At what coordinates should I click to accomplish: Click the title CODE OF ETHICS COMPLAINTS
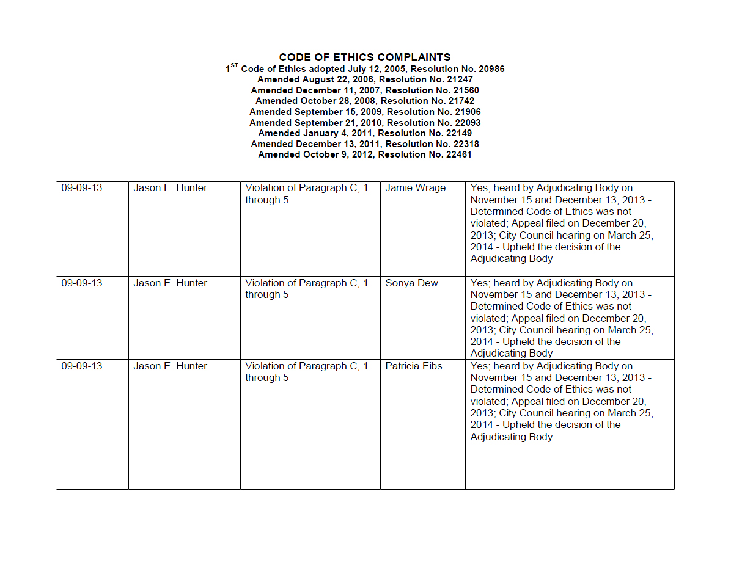point(365,57)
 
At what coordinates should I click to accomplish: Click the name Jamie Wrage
point(415,188)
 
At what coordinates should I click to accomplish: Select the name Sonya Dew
point(411,283)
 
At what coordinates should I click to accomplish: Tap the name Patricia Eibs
point(413,366)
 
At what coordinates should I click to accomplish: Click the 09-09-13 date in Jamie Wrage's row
point(82,188)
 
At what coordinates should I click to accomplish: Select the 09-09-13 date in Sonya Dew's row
point(82,283)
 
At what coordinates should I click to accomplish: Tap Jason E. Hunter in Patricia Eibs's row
point(170,366)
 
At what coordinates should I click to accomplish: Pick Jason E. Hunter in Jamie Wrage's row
point(170,188)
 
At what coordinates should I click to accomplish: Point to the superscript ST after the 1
point(235,65)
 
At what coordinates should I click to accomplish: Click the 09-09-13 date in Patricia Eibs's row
point(82,366)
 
